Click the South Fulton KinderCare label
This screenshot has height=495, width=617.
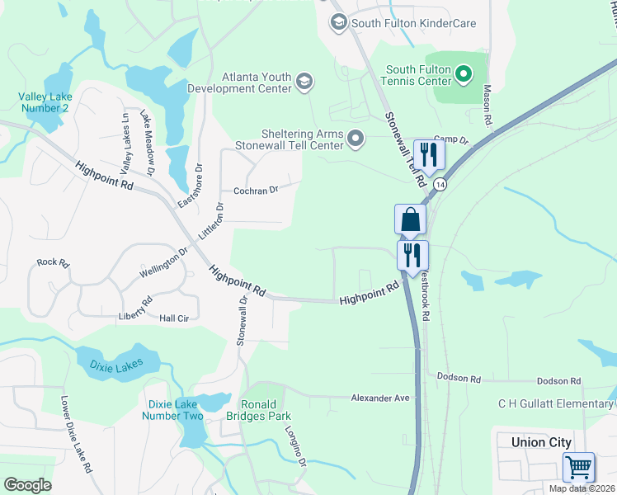(413, 23)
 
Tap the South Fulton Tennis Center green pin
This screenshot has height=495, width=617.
(464, 76)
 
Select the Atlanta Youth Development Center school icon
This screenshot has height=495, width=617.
(304, 80)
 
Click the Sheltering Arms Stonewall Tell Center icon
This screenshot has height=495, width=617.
(356, 138)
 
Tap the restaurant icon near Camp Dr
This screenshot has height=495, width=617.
(428, 153)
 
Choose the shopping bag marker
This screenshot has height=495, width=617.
(411, 220)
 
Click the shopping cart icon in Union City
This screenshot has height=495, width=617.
(578, 467)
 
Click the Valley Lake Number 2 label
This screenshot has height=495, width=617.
(45, 102)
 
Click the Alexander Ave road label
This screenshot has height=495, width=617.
(380, 398)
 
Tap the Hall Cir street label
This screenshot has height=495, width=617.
(174, 318)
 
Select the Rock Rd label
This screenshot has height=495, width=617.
(53, 262)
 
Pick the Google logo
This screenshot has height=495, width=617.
(27, 485)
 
